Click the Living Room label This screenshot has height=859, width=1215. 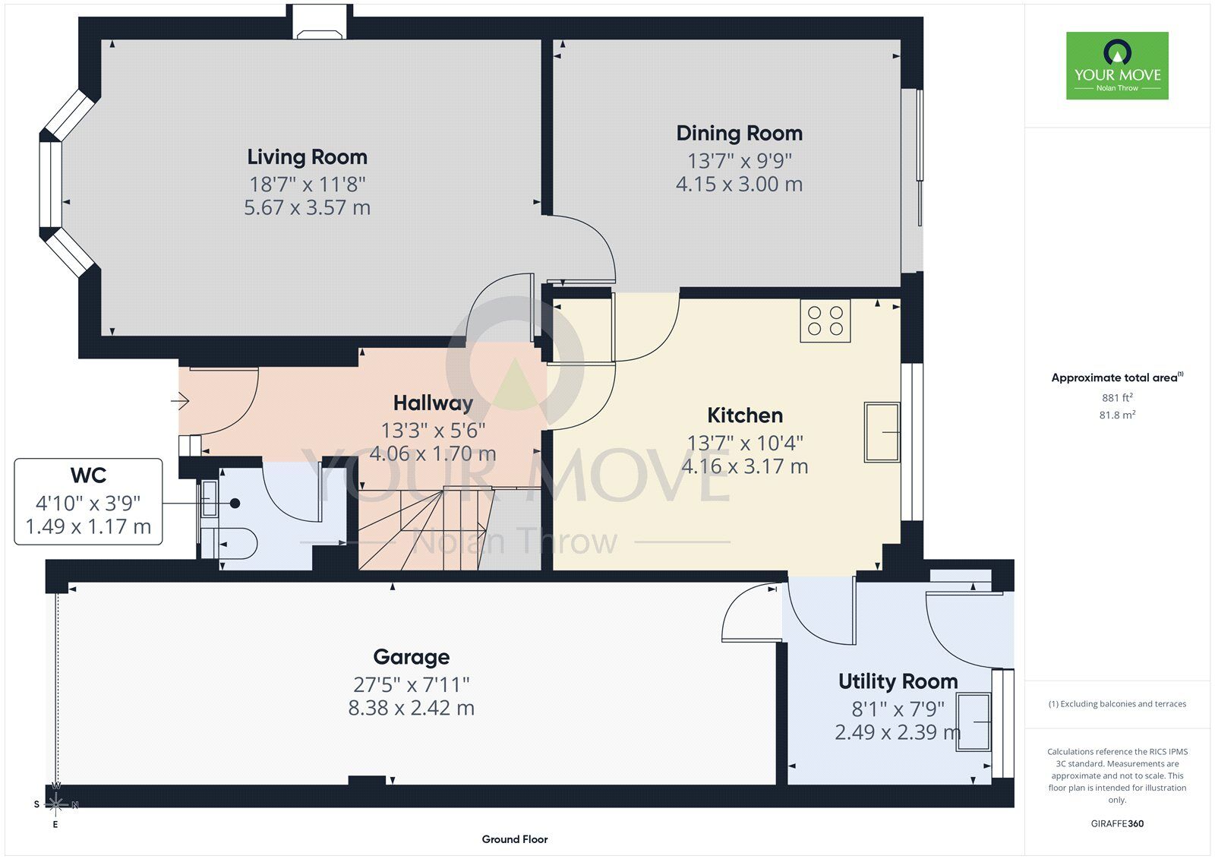coord(307,157)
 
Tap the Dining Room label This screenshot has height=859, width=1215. coord(740,134)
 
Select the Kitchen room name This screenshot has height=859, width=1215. coord(745,415)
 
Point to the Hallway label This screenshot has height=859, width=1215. coord(433,403)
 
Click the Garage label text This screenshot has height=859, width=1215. coord(411,657)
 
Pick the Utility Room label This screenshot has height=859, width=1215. coord(898,681)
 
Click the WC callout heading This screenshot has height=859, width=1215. coord(88,475)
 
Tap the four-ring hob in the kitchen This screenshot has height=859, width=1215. coord(825,321)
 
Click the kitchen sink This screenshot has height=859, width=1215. coord(882,432)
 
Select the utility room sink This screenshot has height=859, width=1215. coord(974,722)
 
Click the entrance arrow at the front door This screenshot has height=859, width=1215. coord(180,402)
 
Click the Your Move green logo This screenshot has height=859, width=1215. coord(1117,65)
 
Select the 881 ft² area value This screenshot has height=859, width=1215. coord(1117,398)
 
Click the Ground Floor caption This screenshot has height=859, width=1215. coord(515,839)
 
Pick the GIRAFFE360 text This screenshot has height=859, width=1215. coord(1117,824)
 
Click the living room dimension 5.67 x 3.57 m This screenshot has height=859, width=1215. coord(307,208)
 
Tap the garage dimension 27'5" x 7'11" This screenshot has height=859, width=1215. coord(411,685)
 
